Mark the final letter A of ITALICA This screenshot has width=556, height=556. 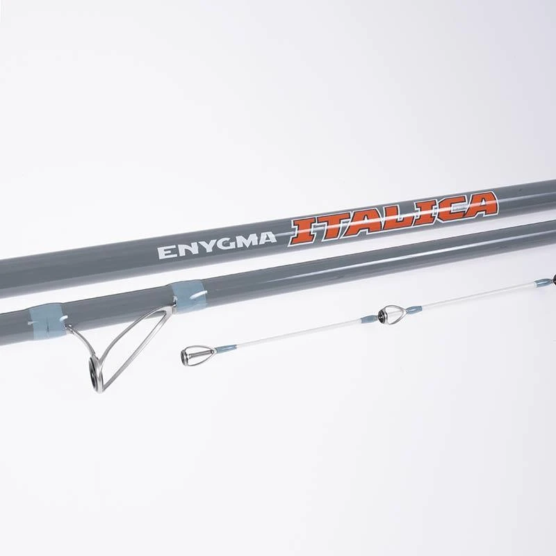[480, 204]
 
